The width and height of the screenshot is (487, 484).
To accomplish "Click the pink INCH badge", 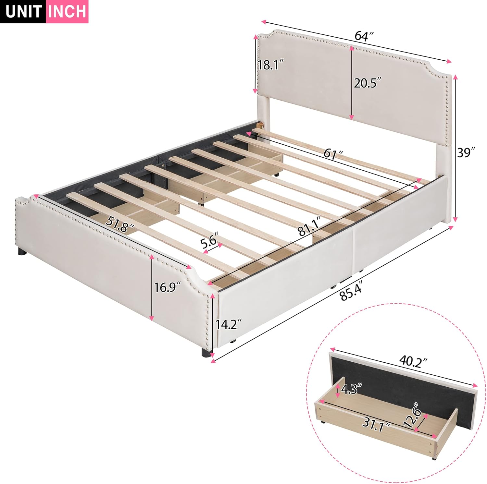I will pos(68,12).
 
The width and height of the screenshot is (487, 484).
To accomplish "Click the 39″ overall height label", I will pos(466,152).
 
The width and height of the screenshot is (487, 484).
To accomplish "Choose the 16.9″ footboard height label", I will pos(167,287).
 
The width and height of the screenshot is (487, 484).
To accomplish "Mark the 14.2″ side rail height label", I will pos(229,324).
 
